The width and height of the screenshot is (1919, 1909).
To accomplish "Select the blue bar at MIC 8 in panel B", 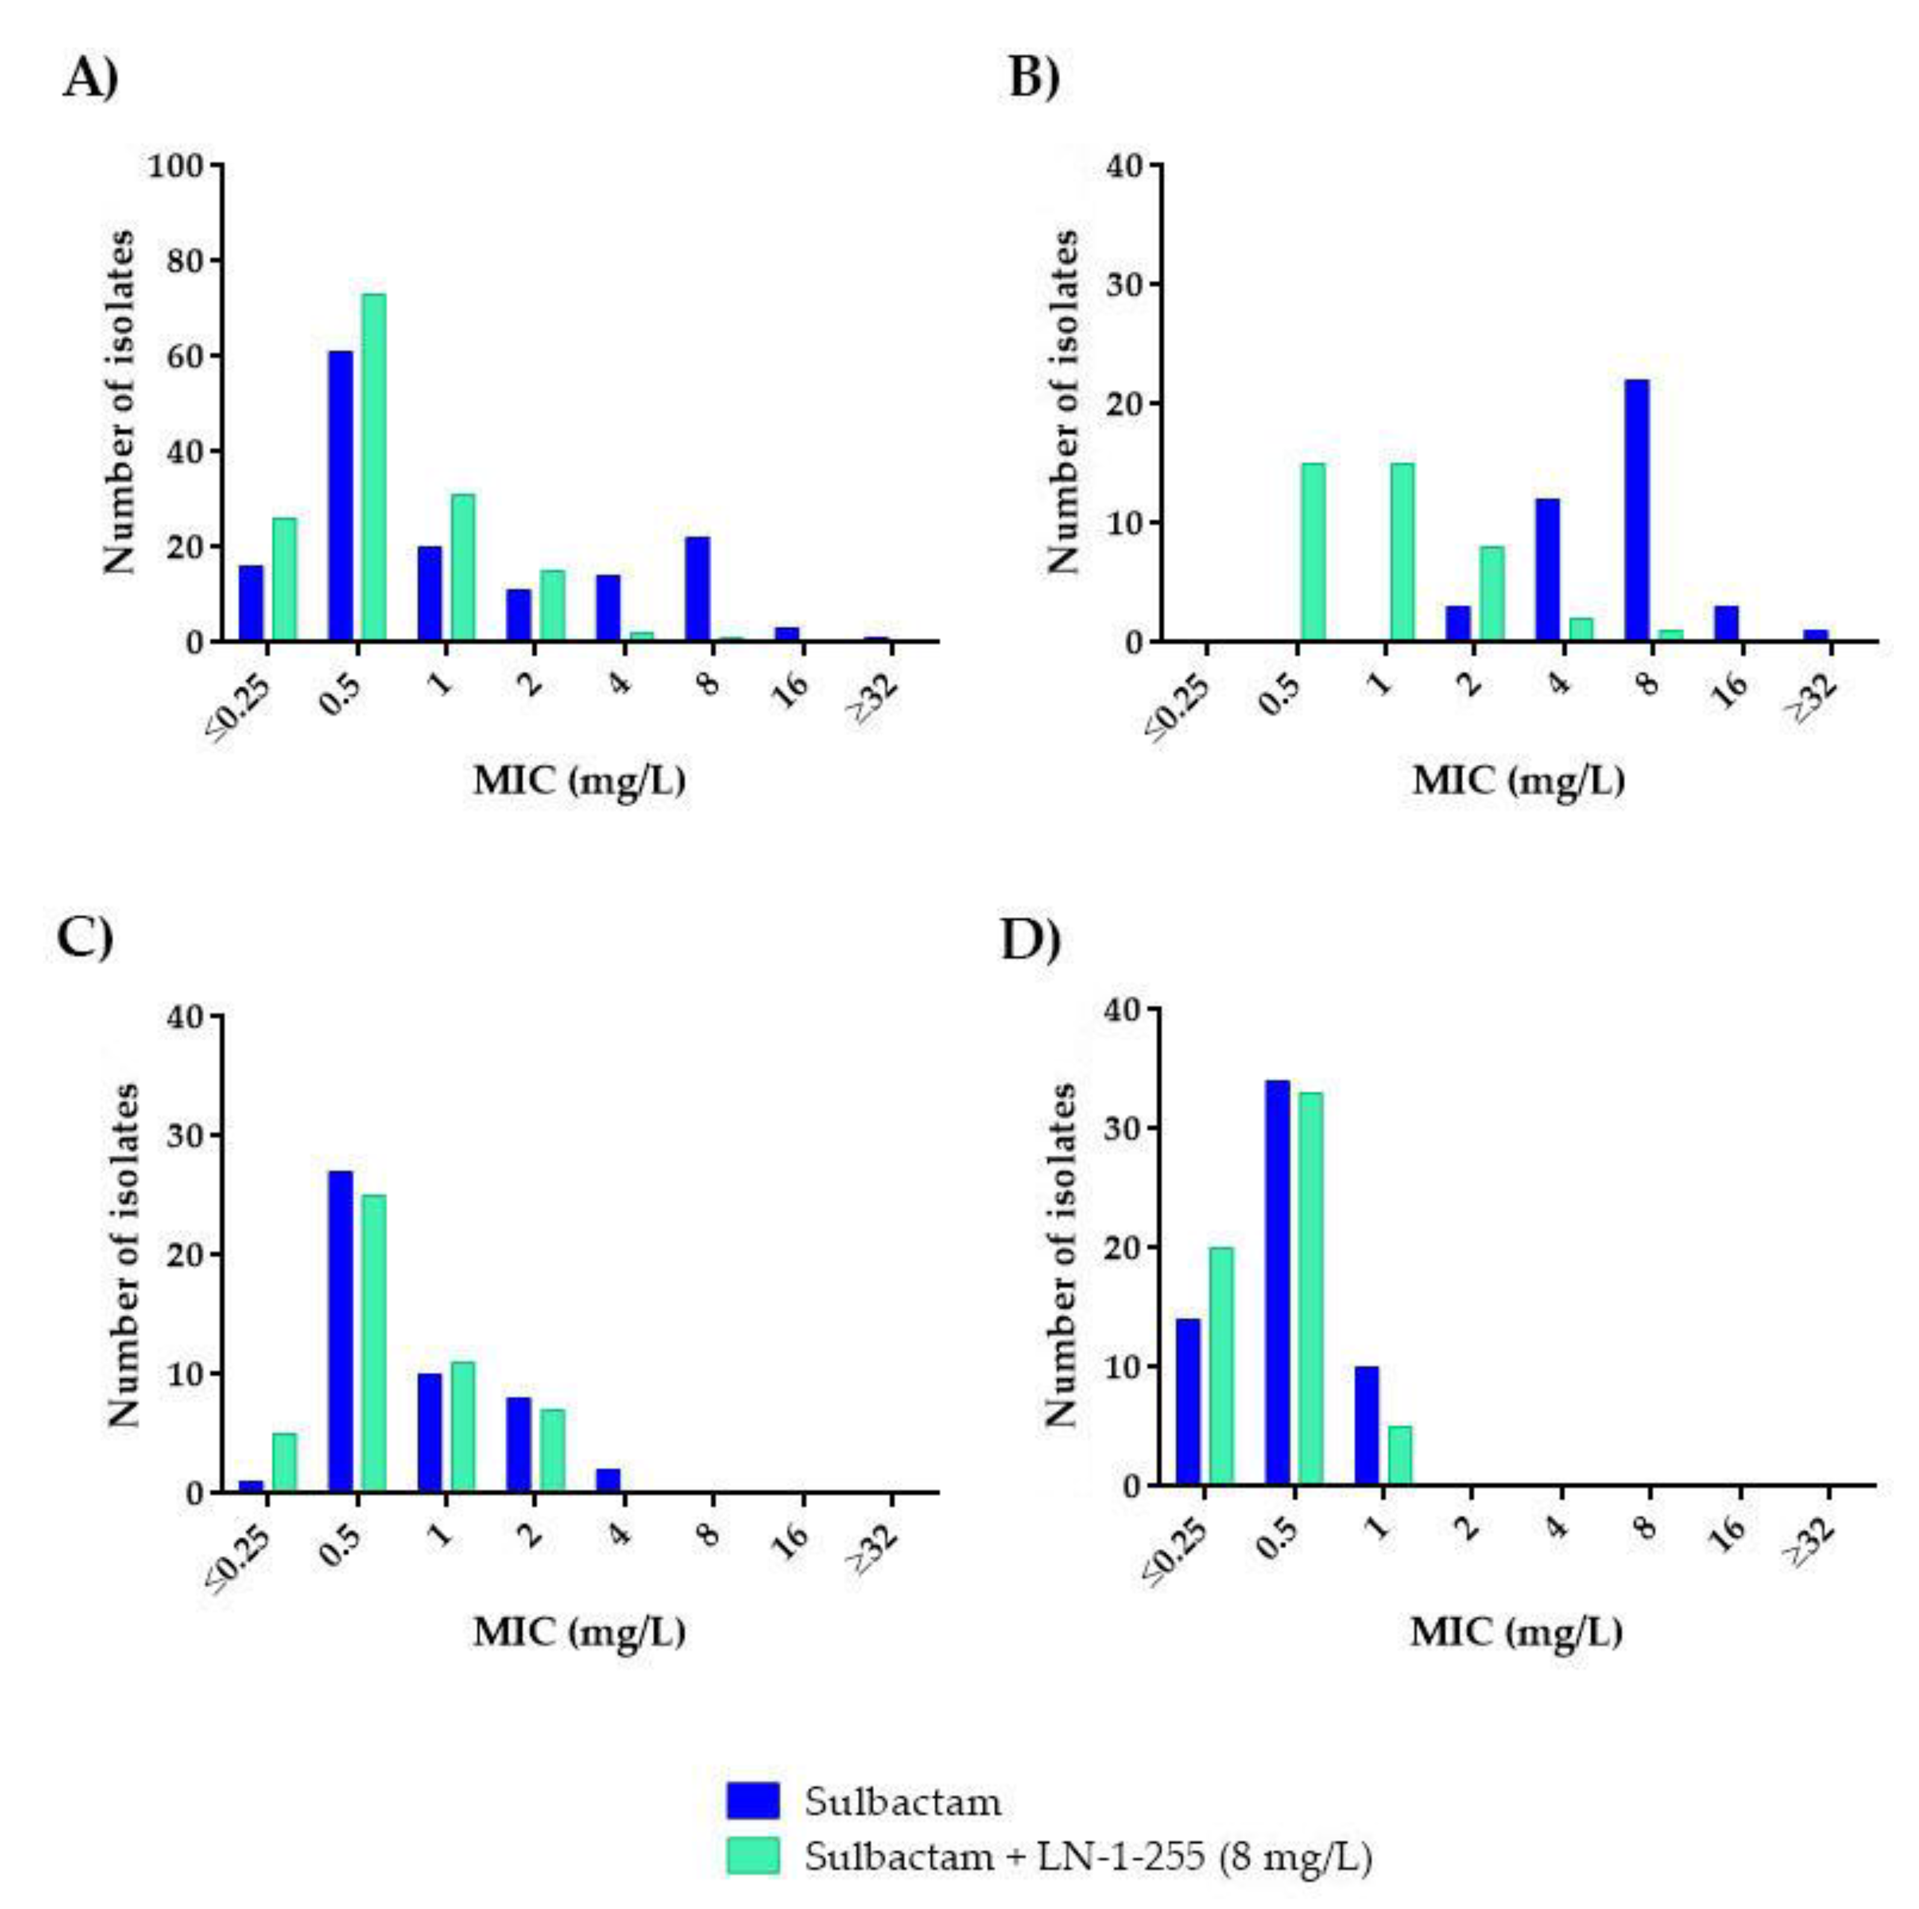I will click(1637, 511).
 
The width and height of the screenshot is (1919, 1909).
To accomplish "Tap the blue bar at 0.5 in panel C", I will click(341, 1331).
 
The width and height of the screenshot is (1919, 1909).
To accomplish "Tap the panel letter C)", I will click(84, 936).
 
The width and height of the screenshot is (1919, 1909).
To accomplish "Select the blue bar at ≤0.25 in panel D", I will click(1188, 1401).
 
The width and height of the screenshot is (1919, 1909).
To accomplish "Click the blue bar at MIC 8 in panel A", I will click(697, 589).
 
